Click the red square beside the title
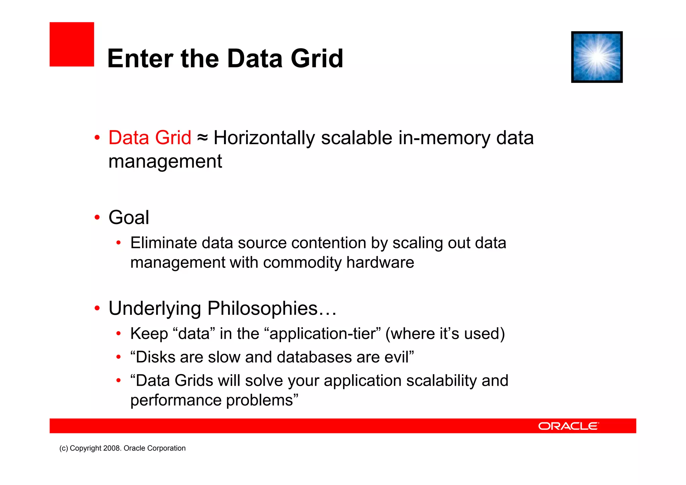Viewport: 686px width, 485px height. (72, 44)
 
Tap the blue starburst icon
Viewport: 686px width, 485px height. (597, 57)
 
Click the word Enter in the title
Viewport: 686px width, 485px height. (139, 59)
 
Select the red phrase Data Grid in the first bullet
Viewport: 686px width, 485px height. (150, 138)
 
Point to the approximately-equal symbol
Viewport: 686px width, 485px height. (202, 138)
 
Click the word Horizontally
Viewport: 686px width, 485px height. (264, 138)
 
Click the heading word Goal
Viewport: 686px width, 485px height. (129, 218)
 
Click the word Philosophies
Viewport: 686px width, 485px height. (262, 308)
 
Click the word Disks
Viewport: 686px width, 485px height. (155, 357)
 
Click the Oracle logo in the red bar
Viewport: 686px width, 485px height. (568, 426)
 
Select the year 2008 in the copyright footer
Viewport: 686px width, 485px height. (112, 448)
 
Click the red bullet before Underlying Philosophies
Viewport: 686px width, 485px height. (97, 308)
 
